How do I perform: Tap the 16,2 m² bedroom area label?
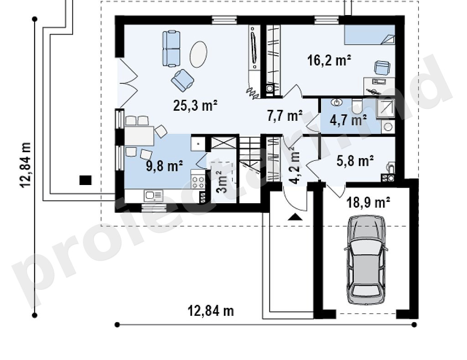tap(329, 60)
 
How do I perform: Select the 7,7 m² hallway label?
tap(285, 116)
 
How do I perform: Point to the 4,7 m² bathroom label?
tap(348, 120)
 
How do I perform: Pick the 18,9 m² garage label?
tap(368, 203)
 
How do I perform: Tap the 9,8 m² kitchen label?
tap(164, 165)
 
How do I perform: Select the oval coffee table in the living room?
tap(198, 54)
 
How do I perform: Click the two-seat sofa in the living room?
tap(171, 48)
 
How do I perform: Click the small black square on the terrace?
tap(85, 180)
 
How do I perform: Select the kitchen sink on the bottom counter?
tap(153, 195)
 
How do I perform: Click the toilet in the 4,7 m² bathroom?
tap(356, 107)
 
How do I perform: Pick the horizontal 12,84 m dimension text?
tap(211, 311)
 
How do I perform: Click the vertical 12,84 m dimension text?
tap(26, 165)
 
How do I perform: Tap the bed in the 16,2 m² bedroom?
tap(370, 35)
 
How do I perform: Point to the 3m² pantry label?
tap(222, 182)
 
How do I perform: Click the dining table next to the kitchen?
tap(139, 136)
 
